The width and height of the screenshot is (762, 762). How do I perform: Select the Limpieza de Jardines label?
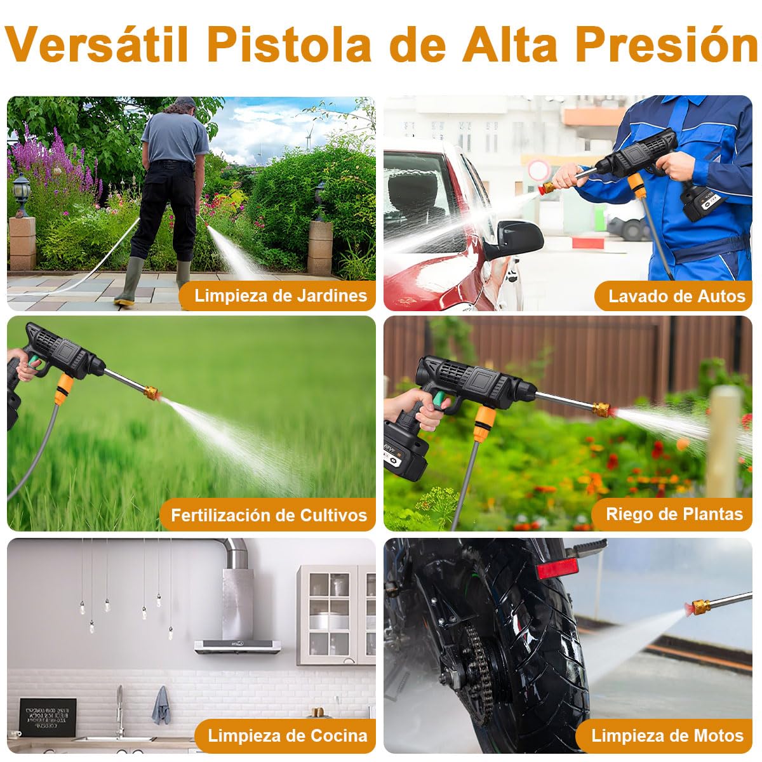coord(280,295)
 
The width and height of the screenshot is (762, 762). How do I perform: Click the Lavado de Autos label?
coord(676,296)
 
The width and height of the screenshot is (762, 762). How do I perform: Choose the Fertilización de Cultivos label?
coord(269,515)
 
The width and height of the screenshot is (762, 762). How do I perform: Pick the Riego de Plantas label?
coord(674,514)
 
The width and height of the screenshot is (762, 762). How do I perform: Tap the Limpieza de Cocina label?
coord(287,735)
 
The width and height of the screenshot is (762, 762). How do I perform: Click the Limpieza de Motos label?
coord(667,735)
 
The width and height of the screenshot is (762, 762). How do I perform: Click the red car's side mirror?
coord(518,237)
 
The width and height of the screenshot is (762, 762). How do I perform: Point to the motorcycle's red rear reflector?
coord(557,569)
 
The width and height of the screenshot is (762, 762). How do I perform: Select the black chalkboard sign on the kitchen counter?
coord(48,717)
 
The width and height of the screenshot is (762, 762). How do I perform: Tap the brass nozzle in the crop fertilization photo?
coord(151,391)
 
